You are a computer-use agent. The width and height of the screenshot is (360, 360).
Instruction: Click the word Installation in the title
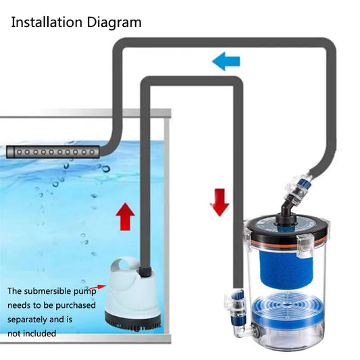[47, 22]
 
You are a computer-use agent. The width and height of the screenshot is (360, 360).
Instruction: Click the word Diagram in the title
[114, 23]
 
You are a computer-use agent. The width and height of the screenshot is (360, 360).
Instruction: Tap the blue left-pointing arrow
[226, 61]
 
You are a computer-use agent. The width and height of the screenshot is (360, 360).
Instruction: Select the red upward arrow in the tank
[125, 217]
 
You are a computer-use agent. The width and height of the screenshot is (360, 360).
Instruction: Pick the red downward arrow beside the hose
[220, 202]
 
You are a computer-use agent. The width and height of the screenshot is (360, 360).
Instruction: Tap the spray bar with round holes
[53, 152]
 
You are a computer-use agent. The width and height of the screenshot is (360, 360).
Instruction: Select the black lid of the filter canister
[287, 230]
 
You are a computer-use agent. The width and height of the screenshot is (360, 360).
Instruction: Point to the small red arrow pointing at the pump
[98, 287]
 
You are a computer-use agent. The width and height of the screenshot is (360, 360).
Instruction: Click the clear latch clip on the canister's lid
[306, 246]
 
